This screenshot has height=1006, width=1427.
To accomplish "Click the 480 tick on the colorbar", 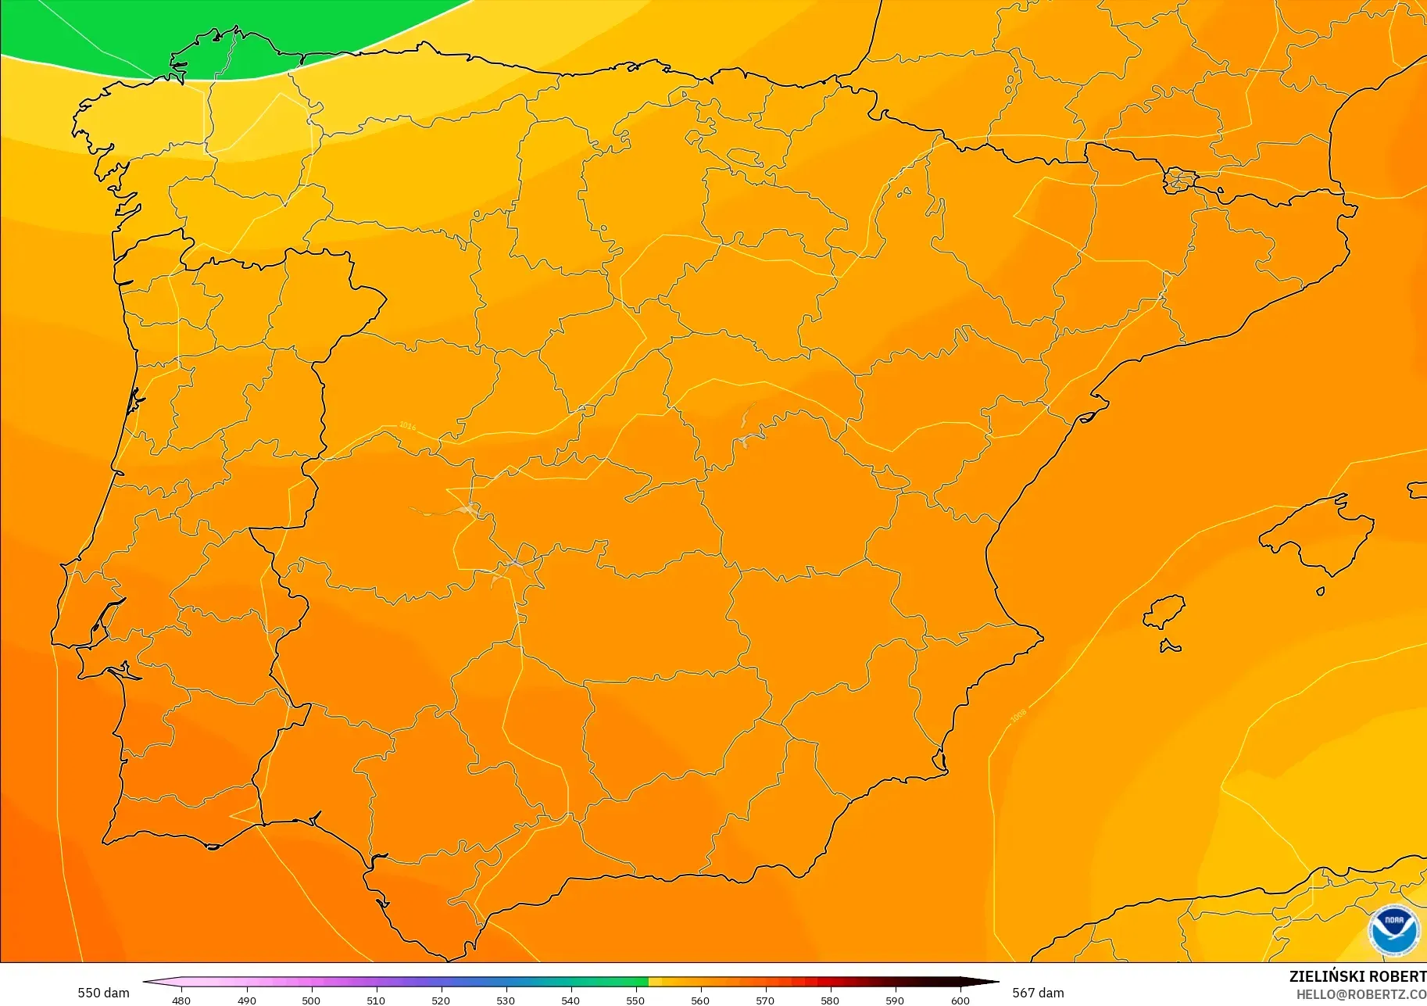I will (181, 1000).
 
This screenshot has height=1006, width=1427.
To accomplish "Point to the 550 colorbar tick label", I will (635, 1000).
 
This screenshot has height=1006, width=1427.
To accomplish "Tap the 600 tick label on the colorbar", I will (960, 1000).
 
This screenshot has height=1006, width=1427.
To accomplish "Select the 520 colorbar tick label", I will (441, 1000).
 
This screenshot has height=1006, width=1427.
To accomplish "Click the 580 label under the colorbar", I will (830, 1000).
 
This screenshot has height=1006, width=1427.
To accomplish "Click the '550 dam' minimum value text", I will (103, 993).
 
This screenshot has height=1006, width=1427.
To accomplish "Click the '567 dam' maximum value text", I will (1038, 993).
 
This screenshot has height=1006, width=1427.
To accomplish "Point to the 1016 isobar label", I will (408, 426).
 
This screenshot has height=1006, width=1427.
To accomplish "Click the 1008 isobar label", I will (1018, 715).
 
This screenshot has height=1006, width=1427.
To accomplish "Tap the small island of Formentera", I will (1170, 646).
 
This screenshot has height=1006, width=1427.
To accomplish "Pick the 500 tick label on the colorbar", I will (311, 1000).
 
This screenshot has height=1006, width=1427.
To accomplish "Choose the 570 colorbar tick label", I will (765, 1000).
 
